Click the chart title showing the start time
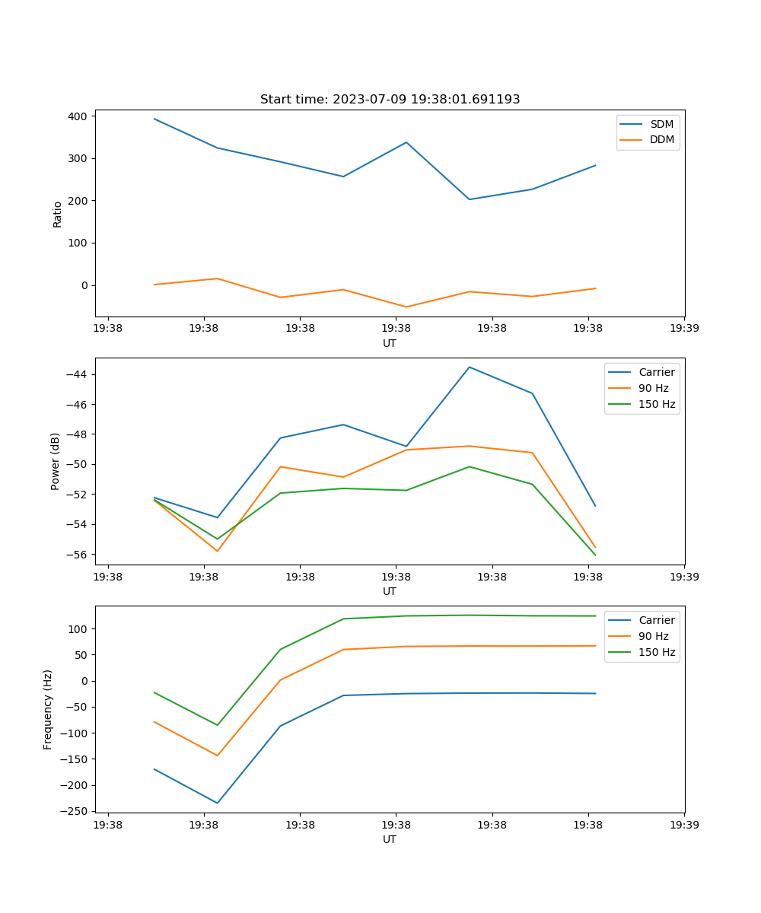[x=390, y=100]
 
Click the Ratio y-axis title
[x=58, y=214]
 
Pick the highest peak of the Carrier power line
[x=470, y=367]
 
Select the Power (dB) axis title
[x=56, y=462]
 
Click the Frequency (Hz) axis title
[x=48, y=709]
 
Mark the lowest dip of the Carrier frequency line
[x=218, y=803]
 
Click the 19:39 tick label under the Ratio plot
[x=684, y=329]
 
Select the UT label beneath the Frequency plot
[x=390, y=839]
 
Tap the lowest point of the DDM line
[x=406, y=307]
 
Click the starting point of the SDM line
[x=154, y=119]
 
